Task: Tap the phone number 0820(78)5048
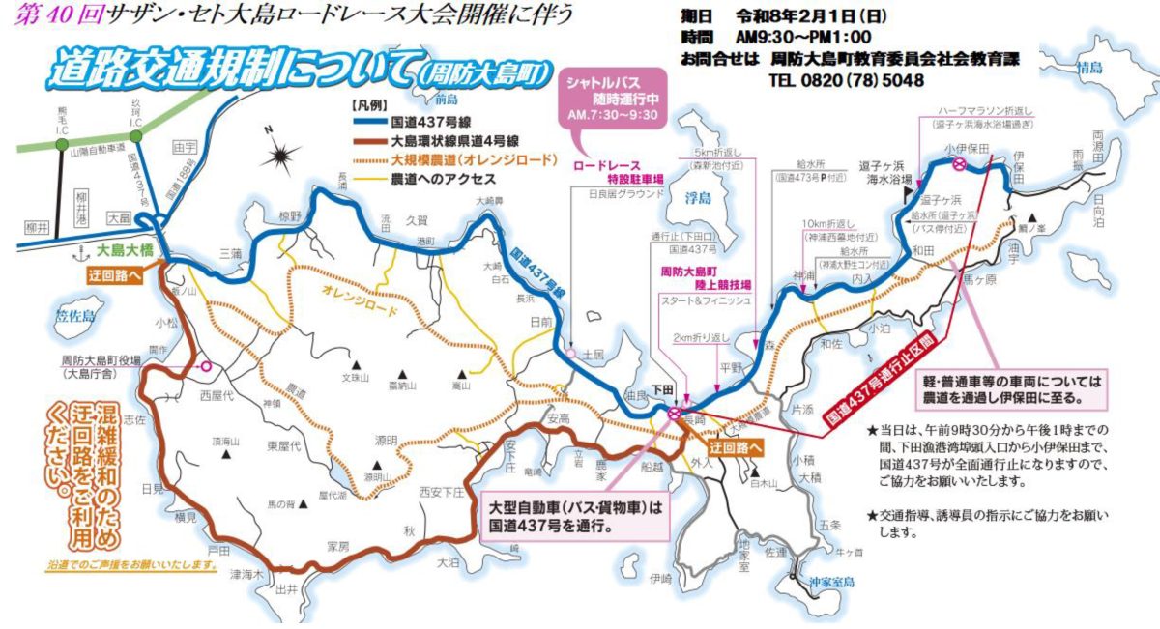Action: (x=846, y=80)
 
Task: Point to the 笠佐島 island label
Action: (x=79, y=314)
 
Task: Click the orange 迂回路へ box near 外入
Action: (x=734, y=447)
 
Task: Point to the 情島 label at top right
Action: (x=1088, y=67)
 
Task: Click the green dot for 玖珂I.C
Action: (x=136, y=136)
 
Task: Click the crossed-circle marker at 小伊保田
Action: (x=959, y=165)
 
